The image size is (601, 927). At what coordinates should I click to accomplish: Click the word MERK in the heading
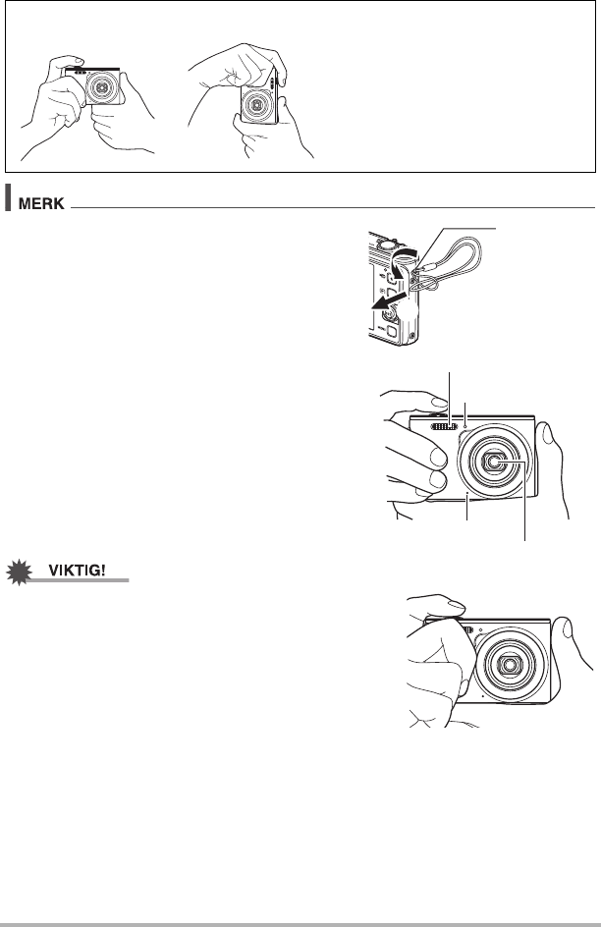coord(41,203)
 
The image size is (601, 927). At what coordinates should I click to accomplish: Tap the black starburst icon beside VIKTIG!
coord(20,573)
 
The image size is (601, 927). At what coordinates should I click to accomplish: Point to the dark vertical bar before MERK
coord(8,197)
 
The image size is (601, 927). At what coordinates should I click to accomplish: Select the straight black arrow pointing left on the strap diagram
coord(390,301)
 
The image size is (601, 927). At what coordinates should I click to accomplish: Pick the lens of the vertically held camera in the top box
coord(257,104)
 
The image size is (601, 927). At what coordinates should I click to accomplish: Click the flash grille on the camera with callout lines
coord(445,426)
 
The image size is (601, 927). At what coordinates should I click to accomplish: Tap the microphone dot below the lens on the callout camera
coord(467,492)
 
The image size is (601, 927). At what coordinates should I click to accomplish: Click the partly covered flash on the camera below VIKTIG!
coord(468,629)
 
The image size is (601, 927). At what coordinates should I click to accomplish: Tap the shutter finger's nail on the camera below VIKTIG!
coord(457,604)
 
